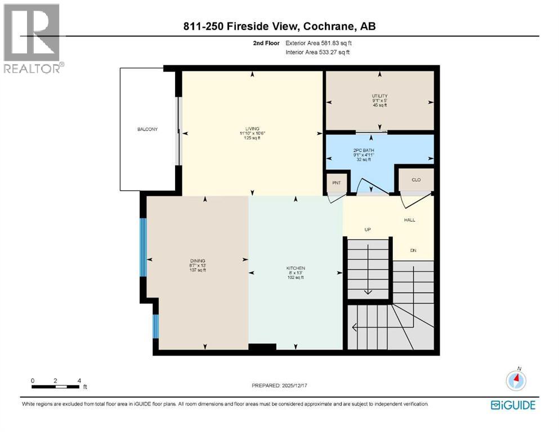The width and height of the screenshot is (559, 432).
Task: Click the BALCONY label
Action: pyautogui.click(x=147, y=129)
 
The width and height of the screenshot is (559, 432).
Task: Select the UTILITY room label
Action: pyautogui.click(x=379, y=96)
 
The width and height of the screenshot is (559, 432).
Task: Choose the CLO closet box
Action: pyautogui.click(x=417, y=179)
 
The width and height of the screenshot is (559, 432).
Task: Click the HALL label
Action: pyautogui.click(x=409, y=220)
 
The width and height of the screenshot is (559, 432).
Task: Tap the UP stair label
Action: pyautogui.click(x=368, y=229)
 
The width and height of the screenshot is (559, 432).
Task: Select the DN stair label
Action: pyautogui.click(x=413, y=251)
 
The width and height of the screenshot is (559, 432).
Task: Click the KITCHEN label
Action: pyautogui.click(x=295, y=268)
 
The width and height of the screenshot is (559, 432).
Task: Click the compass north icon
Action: pyautogui.click(x=515, y=380)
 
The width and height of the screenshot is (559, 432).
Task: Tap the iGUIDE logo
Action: pyautogui.click(x=513, y=405)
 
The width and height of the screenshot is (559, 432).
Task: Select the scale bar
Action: pyautogui.click(x=55, y=386)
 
